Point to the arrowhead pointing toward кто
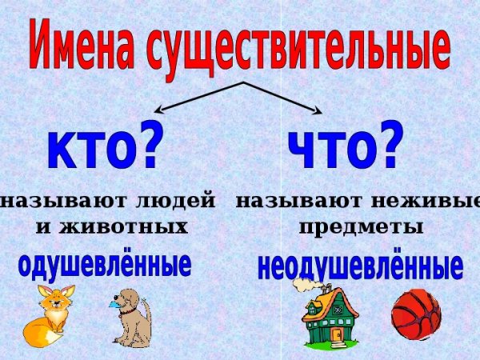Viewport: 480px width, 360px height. (159, 112)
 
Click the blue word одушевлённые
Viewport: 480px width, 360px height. (104, 264)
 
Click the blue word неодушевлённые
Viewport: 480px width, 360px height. (360, 266)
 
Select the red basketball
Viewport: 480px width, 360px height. (416, 314)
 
